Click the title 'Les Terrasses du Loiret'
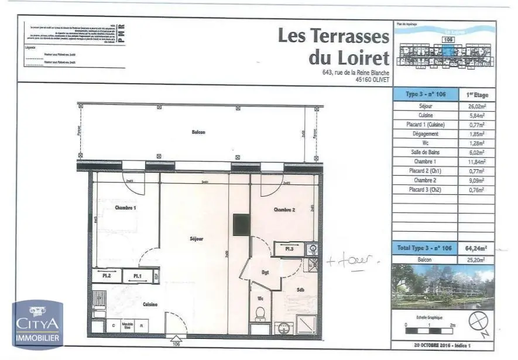[333, 47]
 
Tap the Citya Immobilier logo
[38, 324]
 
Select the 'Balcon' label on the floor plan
[198, 132]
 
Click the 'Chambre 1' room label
[125, 208]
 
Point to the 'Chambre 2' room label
[284, 209]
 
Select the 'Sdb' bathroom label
[300, 289]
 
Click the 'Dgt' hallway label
[265, 272]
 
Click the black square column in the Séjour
[241, 224]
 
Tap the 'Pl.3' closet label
[289, 249]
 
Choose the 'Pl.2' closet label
[107, 276]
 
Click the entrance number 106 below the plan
[174, 345]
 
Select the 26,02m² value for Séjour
[477, 107]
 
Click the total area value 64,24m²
[477, 248]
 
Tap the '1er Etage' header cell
[477, 94]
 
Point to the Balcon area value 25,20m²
[477, 259]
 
